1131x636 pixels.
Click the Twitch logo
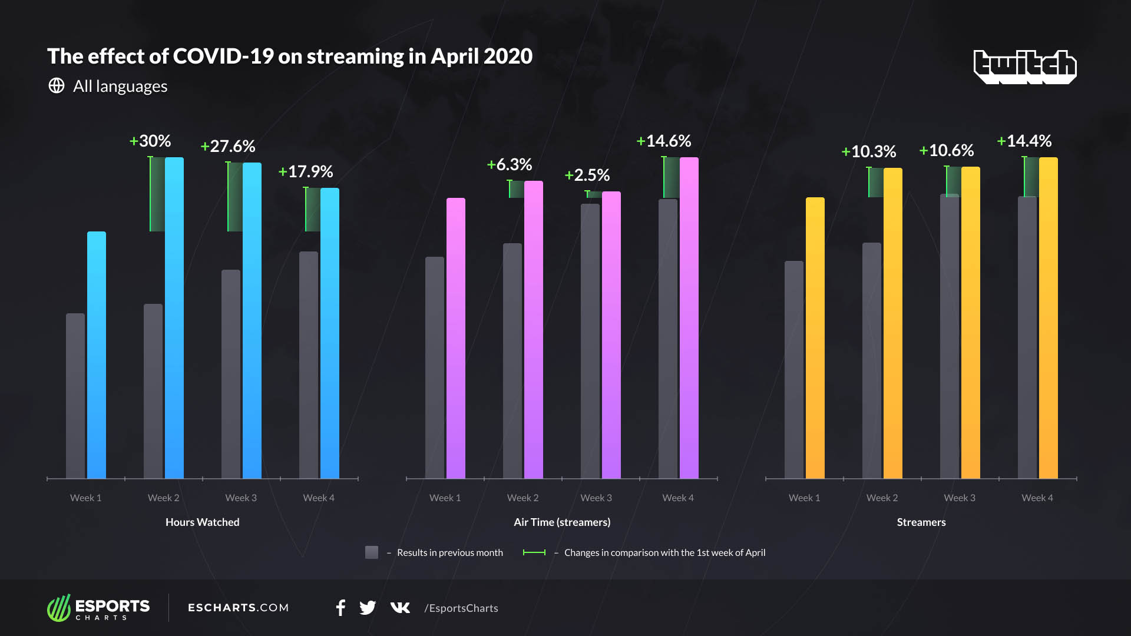tap(1025, 66)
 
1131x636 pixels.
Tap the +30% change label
tap(150, 141)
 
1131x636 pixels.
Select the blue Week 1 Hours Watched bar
tap(97, 355)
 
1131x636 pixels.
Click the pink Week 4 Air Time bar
tap(689, 318)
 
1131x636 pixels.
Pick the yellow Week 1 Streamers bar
tap(815, 338)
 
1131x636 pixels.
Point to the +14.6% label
tap(664, 141)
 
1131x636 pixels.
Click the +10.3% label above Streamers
tap(869, 152)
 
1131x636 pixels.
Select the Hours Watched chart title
tap(202, 522)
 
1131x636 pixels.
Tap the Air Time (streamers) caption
tap(562, 522)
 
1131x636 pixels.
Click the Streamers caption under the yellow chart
tap(921, 522)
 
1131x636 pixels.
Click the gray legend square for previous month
tap(372, 552)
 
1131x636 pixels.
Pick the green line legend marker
tap(534, 552)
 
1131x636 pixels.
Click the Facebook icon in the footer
tap(340, 608)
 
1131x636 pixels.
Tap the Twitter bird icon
tap(368, 608)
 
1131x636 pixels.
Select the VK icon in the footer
tap(400, 608)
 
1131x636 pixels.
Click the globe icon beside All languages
tap(57, 86)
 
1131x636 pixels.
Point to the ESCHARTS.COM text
tap(238, 608)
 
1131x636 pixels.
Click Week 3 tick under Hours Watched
tap(241, 498)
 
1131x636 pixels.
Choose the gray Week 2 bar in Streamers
tap(872, 360)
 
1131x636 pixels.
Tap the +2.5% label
tap(587, 175)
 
